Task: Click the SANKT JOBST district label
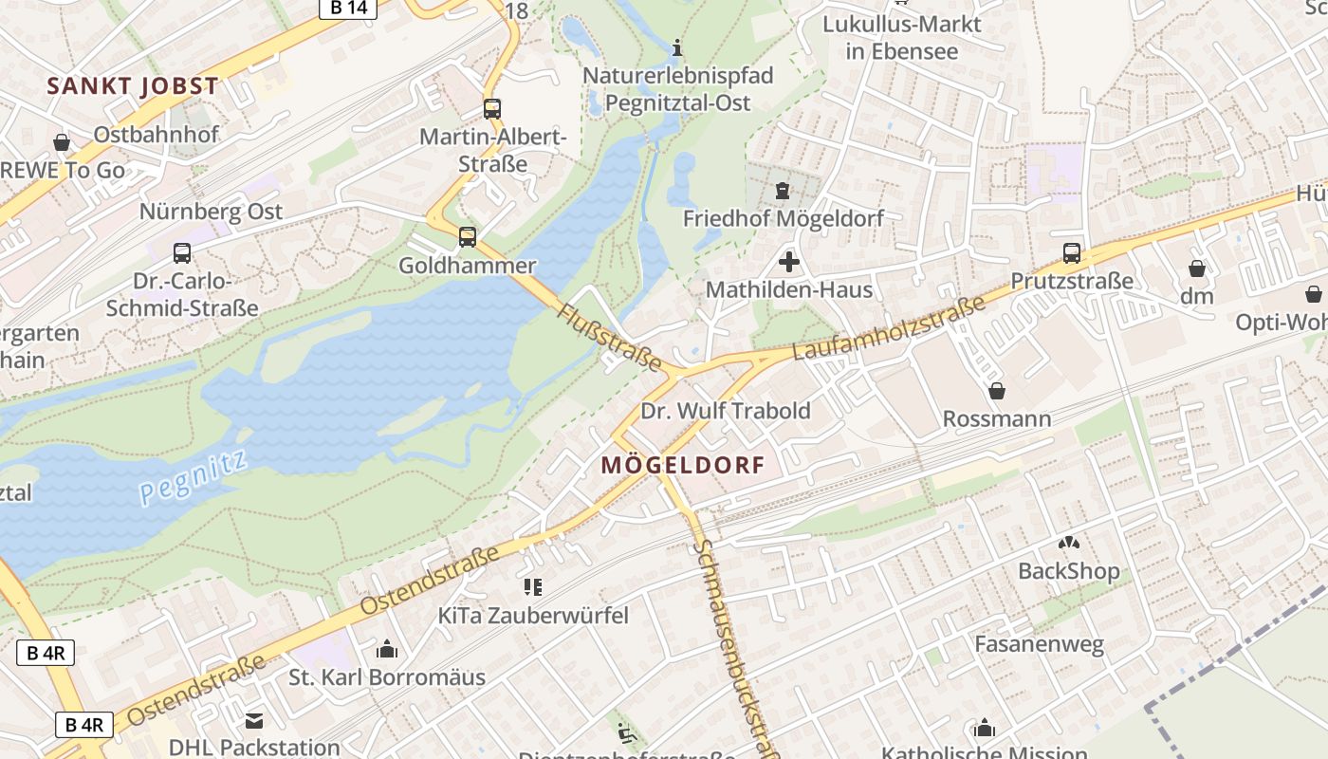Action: tap(133, 85)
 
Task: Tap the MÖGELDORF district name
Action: tap(682, 465)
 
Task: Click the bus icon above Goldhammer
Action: tap(468, 236)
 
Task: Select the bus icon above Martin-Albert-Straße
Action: tap(491, 108)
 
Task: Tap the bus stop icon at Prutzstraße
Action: tap(1072, 252)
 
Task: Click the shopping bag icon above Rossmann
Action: tap(997, 391)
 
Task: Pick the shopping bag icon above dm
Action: tap(1197, 268)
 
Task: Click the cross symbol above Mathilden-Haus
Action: tap(788, 261)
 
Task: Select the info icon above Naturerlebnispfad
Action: tap(677, 46)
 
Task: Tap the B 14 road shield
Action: tap(347, 9)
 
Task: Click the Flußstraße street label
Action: tap(609, 337)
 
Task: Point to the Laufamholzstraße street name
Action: tap(888, 329)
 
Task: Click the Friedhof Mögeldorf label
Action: tap(784, 218)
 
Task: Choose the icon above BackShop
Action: tap(1069, 544)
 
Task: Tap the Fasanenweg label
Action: tap(1040, 645)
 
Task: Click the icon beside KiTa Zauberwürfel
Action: tap(532, 587)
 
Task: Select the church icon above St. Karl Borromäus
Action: tap(387, 650)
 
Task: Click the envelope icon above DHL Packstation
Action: tap(254, 720)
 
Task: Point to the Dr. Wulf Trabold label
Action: tap(726, 410)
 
